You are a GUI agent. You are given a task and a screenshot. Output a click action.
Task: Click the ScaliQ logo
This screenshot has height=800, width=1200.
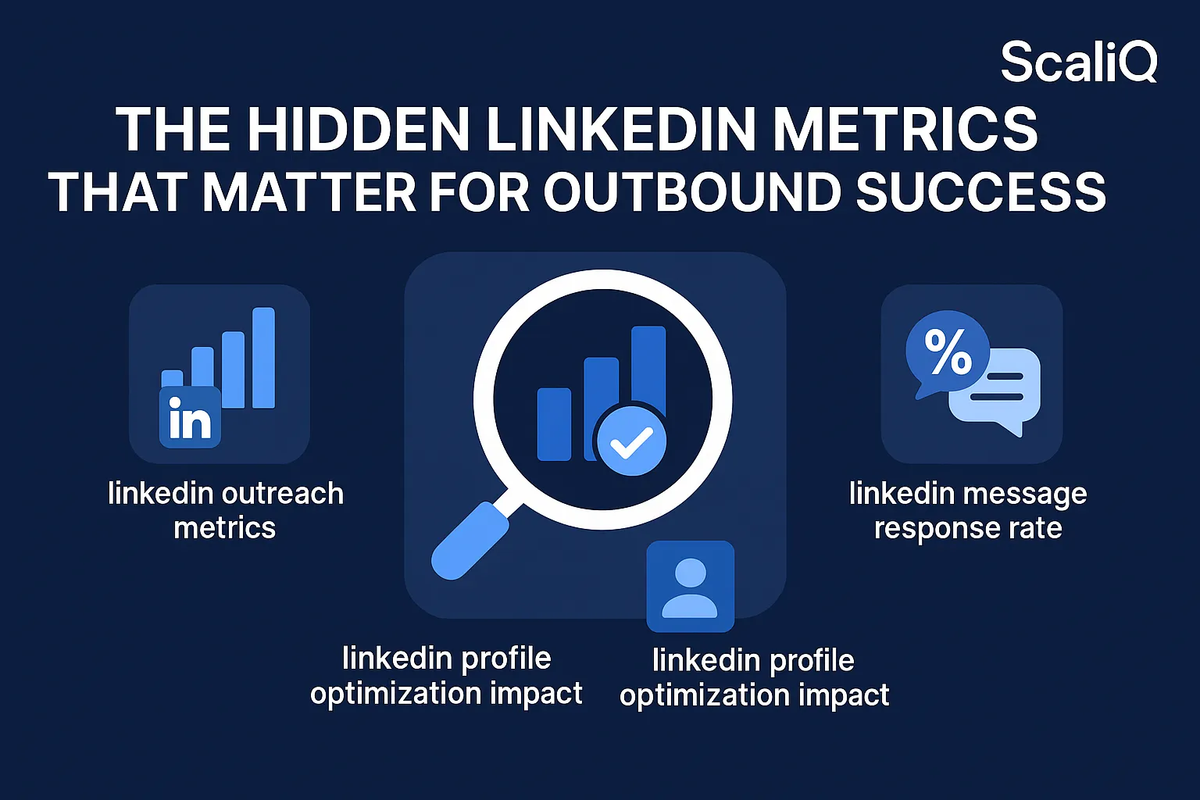(1078, 62)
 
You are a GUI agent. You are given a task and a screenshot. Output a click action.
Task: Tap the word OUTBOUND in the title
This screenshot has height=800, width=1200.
(691, 192)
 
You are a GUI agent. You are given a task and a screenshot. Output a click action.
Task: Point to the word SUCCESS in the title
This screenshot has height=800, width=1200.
(981, 192)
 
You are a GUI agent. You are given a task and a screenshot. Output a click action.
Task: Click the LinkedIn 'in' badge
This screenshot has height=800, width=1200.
(190, 418)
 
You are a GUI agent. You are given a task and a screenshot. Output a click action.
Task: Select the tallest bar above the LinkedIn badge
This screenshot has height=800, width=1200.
(263, 358)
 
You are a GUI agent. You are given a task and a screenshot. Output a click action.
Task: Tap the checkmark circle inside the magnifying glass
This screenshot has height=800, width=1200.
(631, 441)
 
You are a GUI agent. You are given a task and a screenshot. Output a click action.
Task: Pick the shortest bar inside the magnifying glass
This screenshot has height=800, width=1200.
(554, 424)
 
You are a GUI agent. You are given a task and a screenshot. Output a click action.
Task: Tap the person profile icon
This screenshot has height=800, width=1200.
(690, 587)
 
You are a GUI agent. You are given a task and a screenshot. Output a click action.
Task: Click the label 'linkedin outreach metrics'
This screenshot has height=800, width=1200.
(225, 510)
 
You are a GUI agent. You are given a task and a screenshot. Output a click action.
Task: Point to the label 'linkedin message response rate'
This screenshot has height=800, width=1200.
(968, 510)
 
